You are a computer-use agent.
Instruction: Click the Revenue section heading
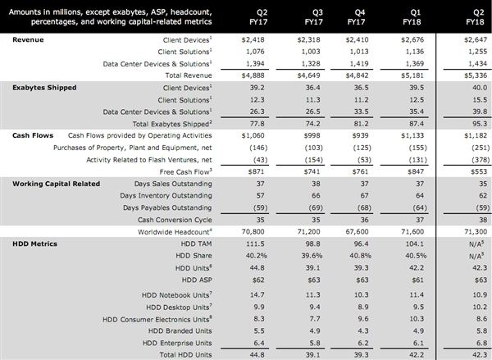30,39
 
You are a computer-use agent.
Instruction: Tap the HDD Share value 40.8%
357,256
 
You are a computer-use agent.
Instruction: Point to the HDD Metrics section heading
34,244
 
